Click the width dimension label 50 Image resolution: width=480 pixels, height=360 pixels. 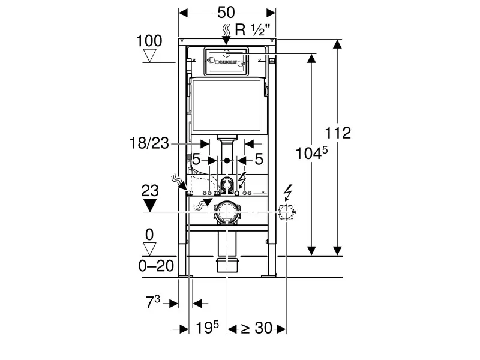tap(226, 13)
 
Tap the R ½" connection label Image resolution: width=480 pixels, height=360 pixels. tap(253, 30)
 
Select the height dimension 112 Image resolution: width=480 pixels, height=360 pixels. tap(338, 133)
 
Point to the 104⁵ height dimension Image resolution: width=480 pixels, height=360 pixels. tap(311, 153)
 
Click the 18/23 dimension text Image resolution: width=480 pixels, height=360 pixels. tap(149, 143)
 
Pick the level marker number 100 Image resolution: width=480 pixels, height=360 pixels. tap(149, 41)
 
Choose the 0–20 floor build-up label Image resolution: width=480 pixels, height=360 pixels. tap(156, 266)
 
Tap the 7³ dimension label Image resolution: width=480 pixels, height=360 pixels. tap(152, 302)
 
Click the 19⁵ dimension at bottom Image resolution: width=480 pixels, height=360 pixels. tap(207, 328)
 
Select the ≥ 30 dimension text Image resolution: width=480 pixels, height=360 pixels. tap(257, 328)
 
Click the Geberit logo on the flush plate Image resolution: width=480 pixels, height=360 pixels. tap(226, 62)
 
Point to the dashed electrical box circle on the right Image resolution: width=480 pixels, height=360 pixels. tap(286, 212)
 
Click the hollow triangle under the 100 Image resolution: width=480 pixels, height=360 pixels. tap(150, 56)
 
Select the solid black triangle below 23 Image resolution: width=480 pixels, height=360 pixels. tap(150, 205)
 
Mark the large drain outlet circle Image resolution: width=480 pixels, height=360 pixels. tap(227, 212)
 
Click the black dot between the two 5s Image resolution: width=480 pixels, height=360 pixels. tap(227, 160)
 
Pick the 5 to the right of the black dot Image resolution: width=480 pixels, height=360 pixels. tap(259, 159)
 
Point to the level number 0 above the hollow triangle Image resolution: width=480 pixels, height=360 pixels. tap(149, 235)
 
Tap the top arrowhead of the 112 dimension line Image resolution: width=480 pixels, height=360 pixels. tap(337, 44)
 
